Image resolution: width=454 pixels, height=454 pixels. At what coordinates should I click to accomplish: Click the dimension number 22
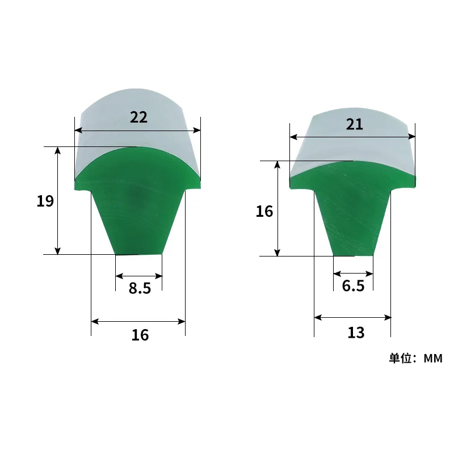pos(138,117)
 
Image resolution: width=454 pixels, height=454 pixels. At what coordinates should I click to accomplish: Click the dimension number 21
pos(354,124)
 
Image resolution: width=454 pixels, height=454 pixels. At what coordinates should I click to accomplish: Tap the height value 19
pos(45,201)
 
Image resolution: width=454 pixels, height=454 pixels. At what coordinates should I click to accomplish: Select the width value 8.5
pos(140,288)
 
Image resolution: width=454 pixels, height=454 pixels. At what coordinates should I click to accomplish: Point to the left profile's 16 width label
pos(140,335)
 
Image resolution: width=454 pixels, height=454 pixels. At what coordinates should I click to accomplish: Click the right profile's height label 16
pos(264,212)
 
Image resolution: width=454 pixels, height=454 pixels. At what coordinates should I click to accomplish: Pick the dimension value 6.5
pos(353,286)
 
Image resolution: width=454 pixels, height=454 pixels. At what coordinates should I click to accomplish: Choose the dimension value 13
pos(356,333)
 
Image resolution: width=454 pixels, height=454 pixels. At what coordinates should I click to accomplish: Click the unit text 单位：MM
pos(415,359)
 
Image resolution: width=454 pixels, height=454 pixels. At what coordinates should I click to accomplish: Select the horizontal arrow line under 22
pos(138,131)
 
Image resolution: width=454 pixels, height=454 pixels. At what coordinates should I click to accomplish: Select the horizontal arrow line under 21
pos(352,136)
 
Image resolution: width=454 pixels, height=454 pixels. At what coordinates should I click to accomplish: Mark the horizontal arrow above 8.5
pos(139,276)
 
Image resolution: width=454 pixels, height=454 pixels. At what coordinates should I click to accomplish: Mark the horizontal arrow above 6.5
pos(353,272)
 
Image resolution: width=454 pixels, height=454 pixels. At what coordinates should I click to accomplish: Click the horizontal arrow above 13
pos(352,317)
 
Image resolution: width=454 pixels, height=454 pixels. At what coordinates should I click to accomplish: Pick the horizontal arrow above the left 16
pos(138,322)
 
